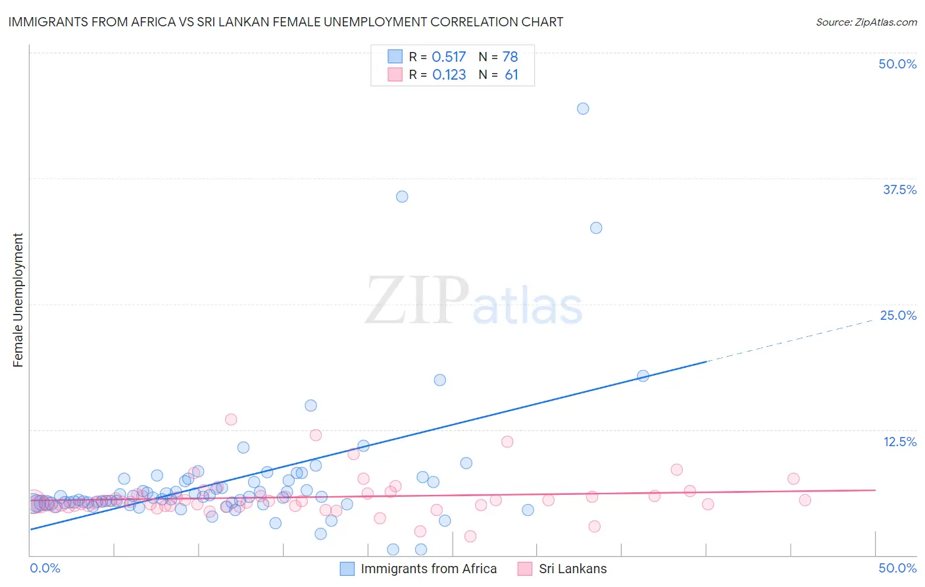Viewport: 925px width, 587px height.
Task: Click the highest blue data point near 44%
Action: click(583, 109)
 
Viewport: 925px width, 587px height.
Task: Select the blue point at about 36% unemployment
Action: click(402, 197)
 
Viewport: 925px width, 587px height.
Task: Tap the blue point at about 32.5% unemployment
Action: click(596, 228)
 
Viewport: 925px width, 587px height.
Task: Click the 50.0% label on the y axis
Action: click(897, 64)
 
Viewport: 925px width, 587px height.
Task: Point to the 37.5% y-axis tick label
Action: click(899, 190)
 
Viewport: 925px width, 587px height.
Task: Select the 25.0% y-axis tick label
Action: click(898, 315)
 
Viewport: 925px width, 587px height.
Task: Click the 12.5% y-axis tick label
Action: click(899, 442)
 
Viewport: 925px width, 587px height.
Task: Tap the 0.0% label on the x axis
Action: click(45, 568)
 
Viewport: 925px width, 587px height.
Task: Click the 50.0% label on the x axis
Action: click(897, 568)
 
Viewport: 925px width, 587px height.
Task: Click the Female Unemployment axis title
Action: click(18, 300)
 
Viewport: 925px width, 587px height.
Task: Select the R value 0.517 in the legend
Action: click(449, 57)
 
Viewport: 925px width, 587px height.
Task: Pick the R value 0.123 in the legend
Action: click(449, 75)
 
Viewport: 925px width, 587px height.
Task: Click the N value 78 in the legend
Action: click(511, 57)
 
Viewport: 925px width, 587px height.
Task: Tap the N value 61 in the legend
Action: click(511, 75)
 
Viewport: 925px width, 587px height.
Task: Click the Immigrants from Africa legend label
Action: click(428, 569)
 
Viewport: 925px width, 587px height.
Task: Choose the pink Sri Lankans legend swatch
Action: click(524, 569)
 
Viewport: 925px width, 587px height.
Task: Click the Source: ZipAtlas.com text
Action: click(866, 22)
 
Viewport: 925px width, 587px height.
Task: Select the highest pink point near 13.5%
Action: click(231, 419)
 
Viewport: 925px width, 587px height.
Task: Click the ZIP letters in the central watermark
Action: click(417, 301)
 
